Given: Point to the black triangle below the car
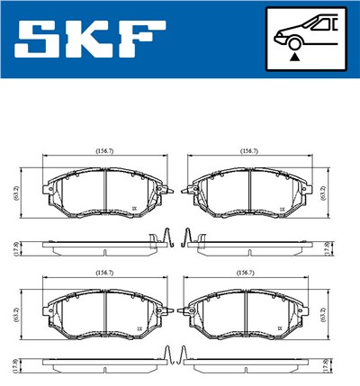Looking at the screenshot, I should point(294,57).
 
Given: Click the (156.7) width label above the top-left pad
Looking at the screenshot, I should point(105,152).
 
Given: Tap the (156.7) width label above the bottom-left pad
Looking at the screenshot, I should point(105,272).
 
